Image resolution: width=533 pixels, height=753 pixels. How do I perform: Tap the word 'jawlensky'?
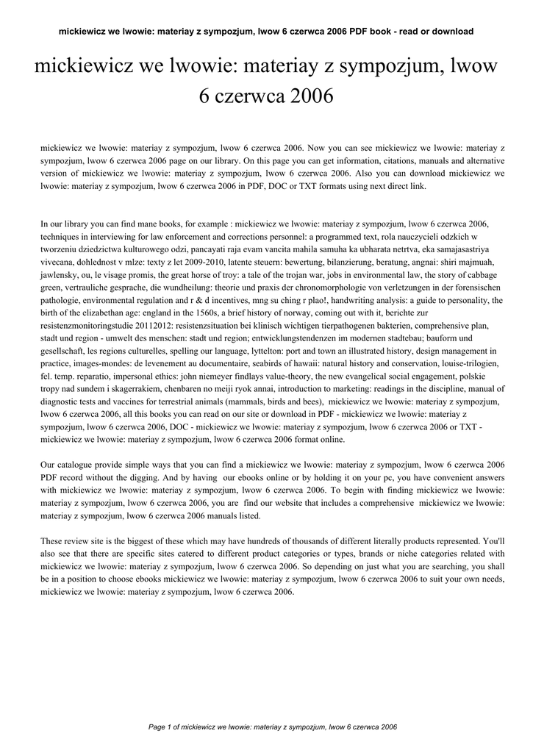tap(60, 274)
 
